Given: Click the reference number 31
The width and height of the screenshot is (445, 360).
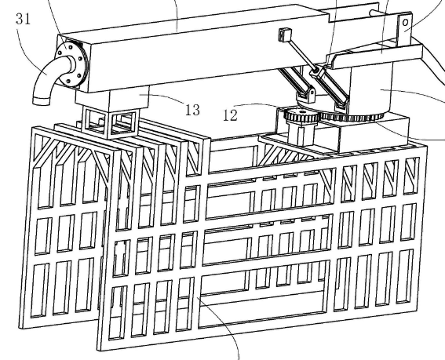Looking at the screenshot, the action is click(x=23, y=20).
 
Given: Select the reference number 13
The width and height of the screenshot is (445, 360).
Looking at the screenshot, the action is click(x=192, y=110).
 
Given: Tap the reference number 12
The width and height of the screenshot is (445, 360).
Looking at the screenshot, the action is click(x=230, y=115).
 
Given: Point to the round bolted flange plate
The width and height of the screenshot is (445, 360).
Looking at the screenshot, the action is click(x=70, y=64).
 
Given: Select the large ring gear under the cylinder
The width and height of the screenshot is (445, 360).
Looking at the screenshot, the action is click(x=352, y=116).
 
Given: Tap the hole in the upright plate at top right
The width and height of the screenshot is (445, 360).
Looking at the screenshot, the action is click(x=406, y=22).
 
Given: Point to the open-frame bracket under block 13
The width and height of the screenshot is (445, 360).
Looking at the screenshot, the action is click(x=110, y=123).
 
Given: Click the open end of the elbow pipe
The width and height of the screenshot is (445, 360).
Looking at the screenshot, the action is click(x=41, y=101).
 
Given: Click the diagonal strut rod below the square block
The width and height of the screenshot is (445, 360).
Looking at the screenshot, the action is click(x=301, y=55).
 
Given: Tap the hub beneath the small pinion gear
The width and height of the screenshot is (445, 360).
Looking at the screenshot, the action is click(x=301, y=133).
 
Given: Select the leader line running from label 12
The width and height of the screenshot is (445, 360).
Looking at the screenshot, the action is click(x=259, y=104).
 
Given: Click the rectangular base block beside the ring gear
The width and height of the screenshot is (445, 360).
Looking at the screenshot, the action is click(x=374, y=133).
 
